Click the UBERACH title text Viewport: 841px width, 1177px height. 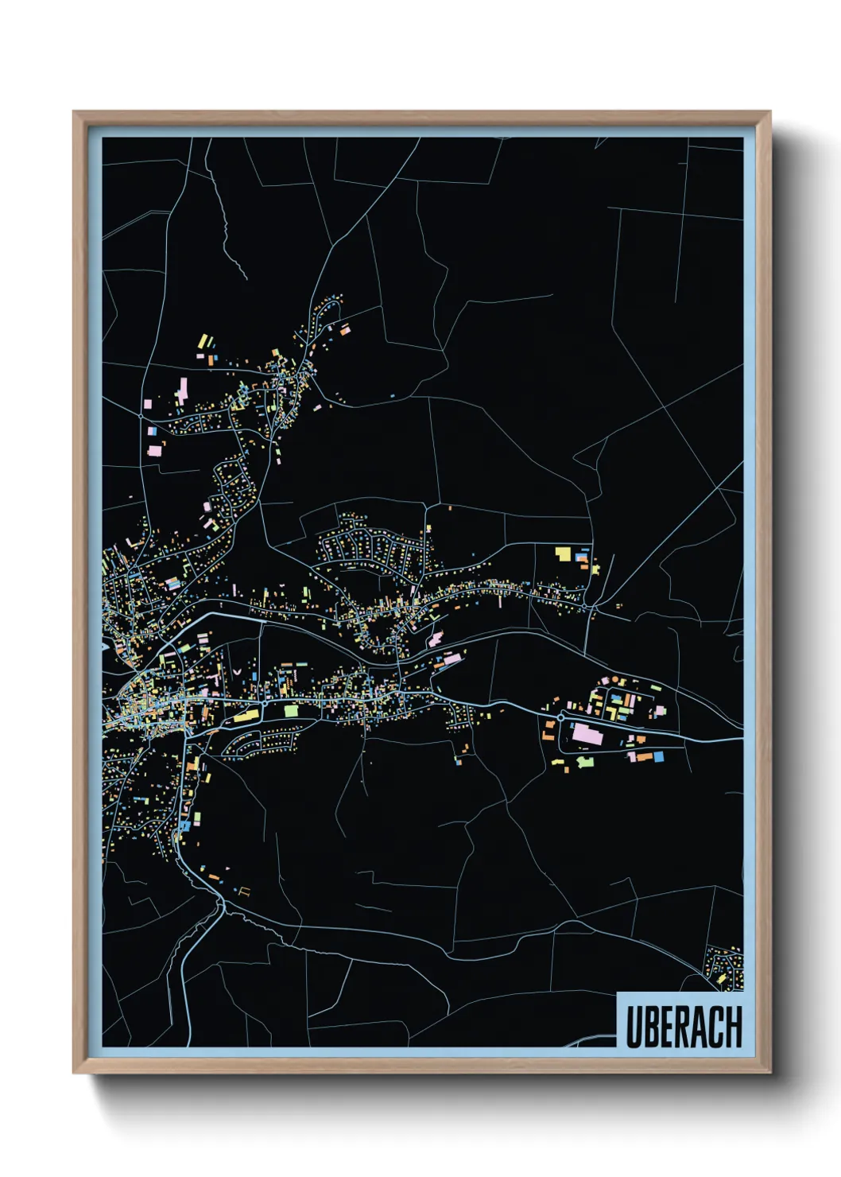[684, 1027]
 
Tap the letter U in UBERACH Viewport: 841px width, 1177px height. [634, 1027]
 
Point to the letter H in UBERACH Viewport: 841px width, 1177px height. [734, 1027]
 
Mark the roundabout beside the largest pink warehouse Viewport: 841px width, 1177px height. [560, 717]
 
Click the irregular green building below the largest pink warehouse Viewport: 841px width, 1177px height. [585, 761]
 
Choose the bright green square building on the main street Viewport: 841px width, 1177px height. [291, 709]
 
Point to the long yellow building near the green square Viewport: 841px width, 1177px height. [245, 717]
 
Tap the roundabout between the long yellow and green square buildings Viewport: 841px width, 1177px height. [263, 705]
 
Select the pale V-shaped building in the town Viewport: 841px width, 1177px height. [237, 672]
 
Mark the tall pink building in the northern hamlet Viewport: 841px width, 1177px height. [182, 390]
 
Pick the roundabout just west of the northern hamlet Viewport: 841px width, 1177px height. [141, 415]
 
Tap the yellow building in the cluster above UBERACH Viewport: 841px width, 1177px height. [721, 978]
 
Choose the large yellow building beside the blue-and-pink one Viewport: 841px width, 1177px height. [563, 553]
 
